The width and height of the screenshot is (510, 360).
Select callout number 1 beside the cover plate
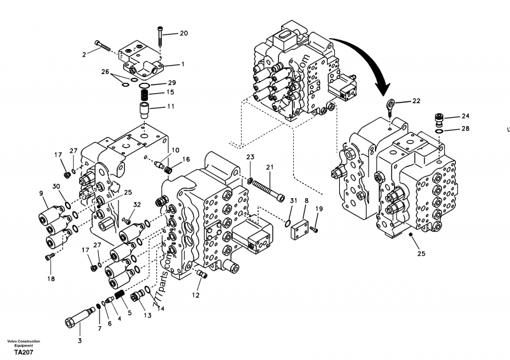[182, 64]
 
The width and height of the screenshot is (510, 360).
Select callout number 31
[293, 201]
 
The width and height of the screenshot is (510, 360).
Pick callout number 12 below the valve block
[196, 296]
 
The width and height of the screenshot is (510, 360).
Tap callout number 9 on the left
[41, 194]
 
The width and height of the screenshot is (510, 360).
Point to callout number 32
[136, 205]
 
